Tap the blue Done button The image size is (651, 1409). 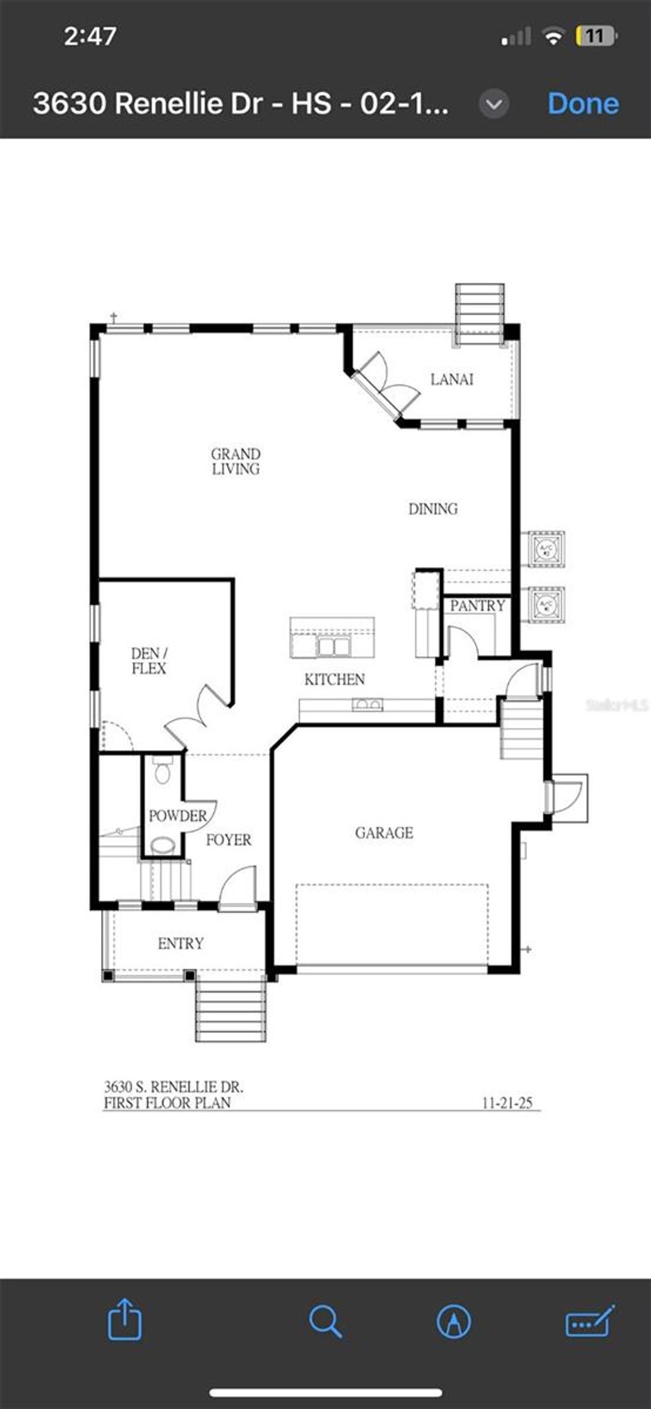(583, 104)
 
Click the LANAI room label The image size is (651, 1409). (451, 379)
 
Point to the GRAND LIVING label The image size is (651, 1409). (236, 461)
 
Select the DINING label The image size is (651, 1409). (433, 508)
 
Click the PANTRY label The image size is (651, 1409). (477, 605)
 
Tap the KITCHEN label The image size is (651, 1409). (334, 679)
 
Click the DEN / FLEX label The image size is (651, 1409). (149, 661)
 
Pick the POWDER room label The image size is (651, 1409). (177, 816)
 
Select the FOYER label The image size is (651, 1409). (228, 840)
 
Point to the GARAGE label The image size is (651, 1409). (384, 832)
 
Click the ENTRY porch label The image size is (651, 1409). (181, 943)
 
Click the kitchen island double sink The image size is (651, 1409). (333, 646)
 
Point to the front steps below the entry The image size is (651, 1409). (231, 1010)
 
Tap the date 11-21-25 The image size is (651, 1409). (507, 1103)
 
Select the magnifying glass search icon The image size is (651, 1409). (325, 1321)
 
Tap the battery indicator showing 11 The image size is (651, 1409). (595, 36)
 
